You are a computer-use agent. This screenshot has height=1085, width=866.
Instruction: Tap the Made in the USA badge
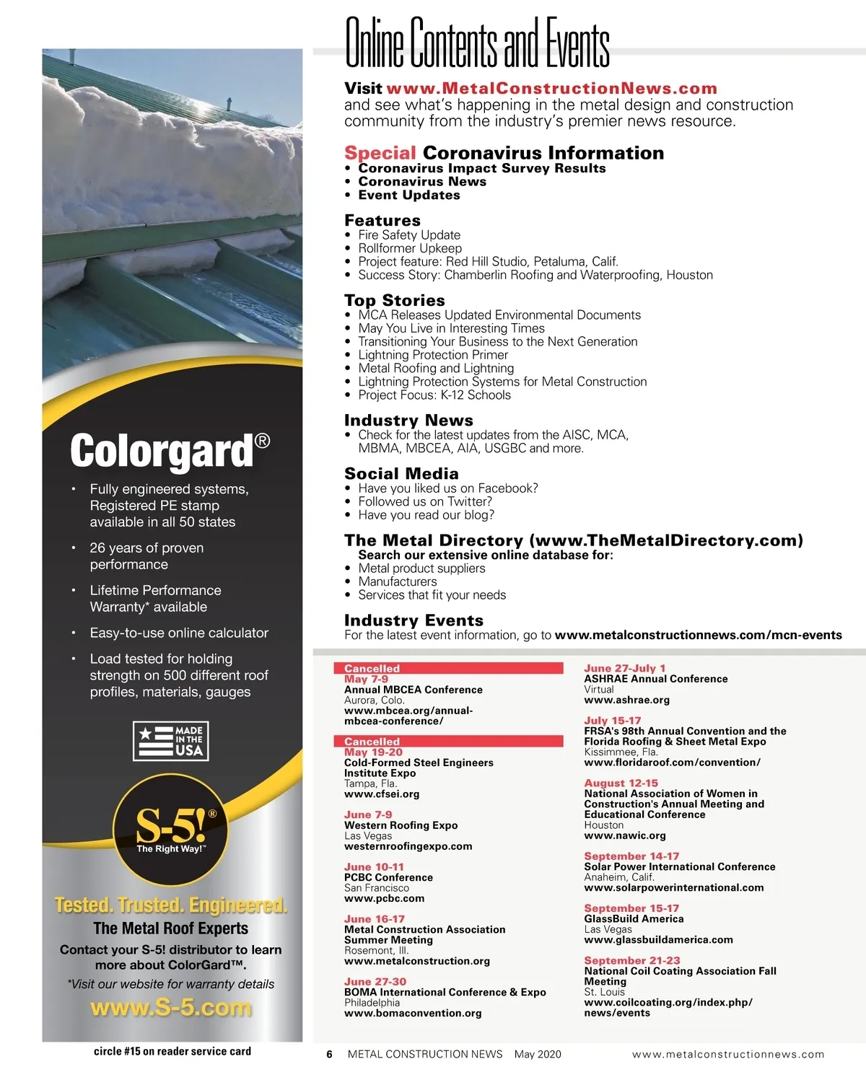171,741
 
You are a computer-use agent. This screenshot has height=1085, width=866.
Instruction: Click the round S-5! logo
171,830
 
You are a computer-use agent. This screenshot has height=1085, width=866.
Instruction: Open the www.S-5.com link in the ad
171,1007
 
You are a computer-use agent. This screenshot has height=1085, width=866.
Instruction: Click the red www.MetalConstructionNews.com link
551,89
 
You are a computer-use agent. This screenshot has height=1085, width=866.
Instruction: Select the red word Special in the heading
380,153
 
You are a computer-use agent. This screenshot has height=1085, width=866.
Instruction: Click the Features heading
382,221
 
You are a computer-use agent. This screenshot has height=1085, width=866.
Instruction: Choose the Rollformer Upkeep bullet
409,248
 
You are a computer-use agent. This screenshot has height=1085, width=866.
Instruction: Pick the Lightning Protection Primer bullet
432,355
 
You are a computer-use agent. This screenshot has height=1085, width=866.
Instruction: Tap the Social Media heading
401,474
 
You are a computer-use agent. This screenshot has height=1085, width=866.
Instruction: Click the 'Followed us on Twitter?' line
424,501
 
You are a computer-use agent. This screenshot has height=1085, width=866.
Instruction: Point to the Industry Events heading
414,620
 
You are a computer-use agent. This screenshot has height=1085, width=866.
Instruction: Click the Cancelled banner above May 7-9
448,669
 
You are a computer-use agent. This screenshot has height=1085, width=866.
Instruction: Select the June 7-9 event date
368,814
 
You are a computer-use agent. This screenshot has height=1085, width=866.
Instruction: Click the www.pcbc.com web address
384,899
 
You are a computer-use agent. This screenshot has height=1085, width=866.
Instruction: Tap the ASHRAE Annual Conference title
655,679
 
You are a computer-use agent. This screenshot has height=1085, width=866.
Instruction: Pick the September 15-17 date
631,908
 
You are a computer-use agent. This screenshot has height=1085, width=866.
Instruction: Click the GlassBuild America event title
634,919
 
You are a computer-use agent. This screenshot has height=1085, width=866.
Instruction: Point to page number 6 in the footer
329,1054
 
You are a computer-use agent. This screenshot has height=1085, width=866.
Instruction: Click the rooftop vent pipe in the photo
229,103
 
